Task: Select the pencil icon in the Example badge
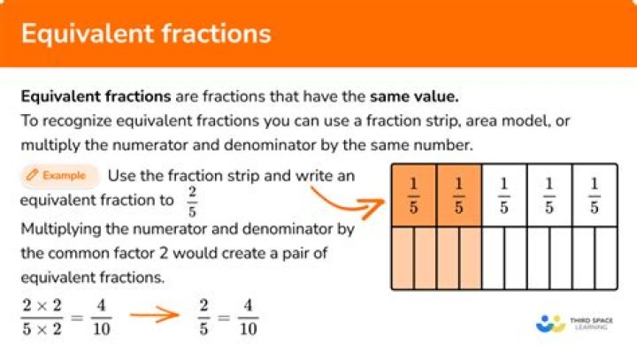click(x=33, y=176)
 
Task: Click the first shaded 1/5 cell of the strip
click(x=413, y=195)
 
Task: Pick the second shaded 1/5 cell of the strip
click(x=458, y=195)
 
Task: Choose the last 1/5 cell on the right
click(x=595, y=195)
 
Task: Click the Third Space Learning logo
click(x=575, y=324)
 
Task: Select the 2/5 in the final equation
click(x=203, y=316)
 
